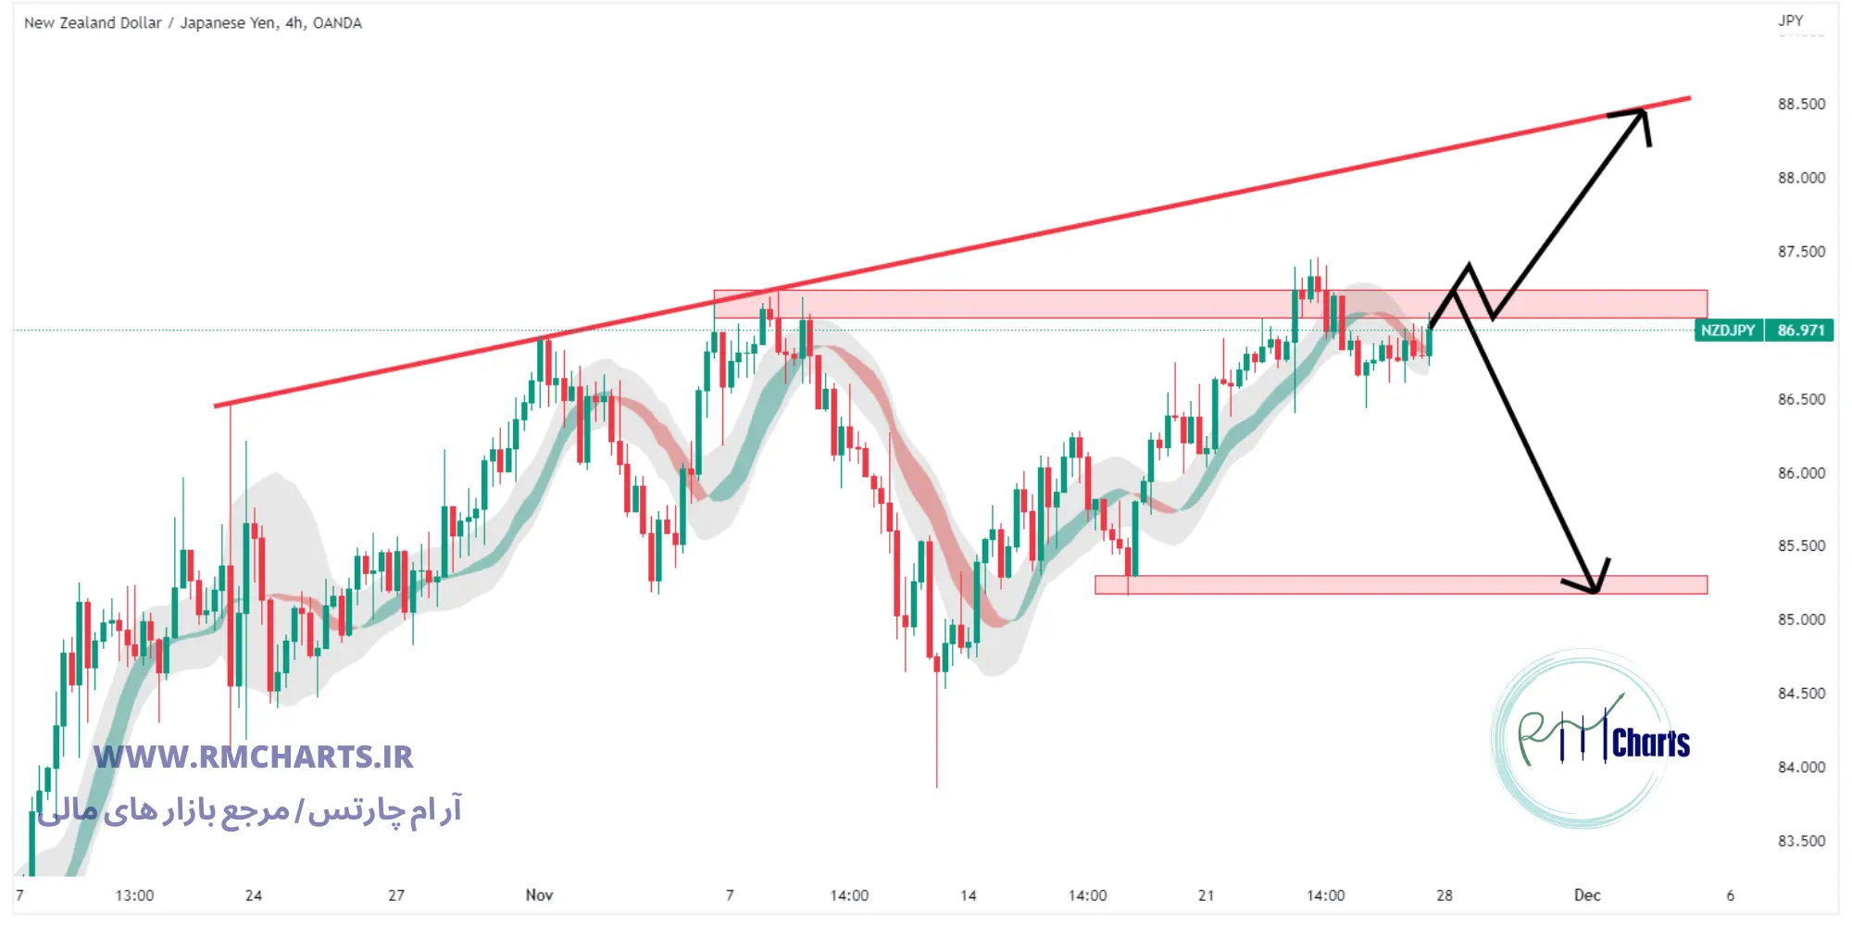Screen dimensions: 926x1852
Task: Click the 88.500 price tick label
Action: (1801, 105)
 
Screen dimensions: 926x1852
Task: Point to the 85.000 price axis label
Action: (1801, 619)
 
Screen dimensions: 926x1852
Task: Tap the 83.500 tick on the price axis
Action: (1801, 841)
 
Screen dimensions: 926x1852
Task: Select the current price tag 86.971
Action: (1800, 331)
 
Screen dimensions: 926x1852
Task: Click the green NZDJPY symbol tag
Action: (1728, 331)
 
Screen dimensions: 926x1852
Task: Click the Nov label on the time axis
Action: (539, 895)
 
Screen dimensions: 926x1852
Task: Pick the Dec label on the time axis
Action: (1587, 895)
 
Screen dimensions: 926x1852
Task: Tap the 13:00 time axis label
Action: (134, 895)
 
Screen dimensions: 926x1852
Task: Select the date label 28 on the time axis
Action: (1445, 895)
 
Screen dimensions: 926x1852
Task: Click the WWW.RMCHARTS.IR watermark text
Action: (254, 757)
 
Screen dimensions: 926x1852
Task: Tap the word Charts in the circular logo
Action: (1650, 743)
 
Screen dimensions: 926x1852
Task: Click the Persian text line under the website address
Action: (250, 811)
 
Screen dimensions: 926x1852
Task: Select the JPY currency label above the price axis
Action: (1790, 20)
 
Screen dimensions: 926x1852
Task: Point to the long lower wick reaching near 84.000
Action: (936, 741)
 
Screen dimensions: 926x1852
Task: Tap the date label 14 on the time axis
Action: (969, 895)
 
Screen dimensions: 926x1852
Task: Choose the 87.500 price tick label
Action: (1801, 252)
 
